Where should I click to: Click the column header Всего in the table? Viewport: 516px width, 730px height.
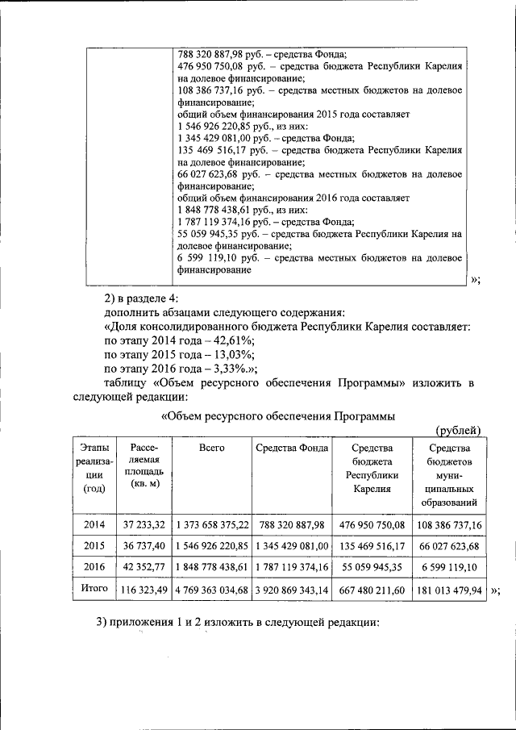211,447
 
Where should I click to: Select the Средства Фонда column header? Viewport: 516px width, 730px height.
291,447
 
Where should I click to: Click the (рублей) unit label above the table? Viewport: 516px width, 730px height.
458,429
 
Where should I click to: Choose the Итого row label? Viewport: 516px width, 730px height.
94,589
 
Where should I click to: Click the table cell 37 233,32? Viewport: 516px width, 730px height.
141,524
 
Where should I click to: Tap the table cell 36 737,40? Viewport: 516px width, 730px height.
141,545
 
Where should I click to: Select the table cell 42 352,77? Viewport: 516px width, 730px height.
141,567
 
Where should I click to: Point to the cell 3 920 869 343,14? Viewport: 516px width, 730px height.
291,590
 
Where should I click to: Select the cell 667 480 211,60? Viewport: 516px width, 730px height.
372,590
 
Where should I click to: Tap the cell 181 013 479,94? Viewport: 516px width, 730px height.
448,590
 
